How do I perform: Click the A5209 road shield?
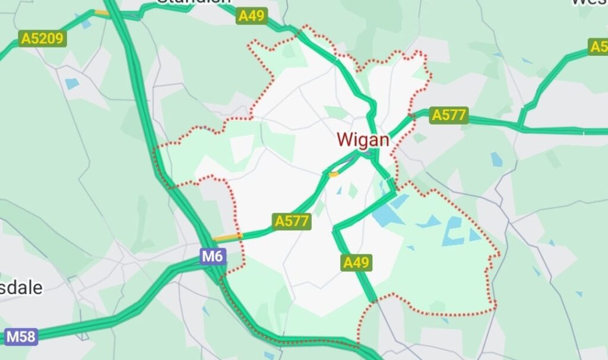click(42, 39)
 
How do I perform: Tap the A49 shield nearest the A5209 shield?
click(251, 16)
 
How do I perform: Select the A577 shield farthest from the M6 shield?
click(449, 115)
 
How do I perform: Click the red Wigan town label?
click(363, 140)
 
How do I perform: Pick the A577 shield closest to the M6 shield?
click(292, 222)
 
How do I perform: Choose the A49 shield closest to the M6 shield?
click(356, 262)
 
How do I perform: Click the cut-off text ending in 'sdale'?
click(21, 288)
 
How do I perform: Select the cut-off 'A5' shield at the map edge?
click(598, 47)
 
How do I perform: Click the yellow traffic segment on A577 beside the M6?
click(227, 238)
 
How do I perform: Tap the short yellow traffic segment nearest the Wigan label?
click(333, 174)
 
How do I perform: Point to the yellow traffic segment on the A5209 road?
click(102, 12)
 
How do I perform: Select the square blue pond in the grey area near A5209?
click(72, 84)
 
